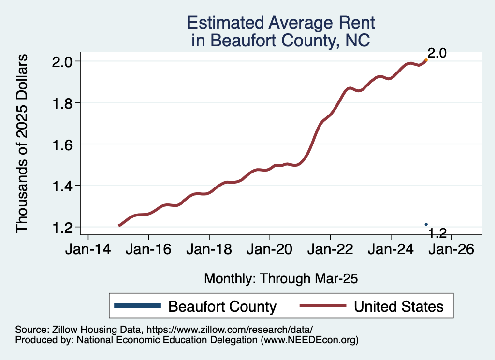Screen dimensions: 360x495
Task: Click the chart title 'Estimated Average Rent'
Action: [281, 23]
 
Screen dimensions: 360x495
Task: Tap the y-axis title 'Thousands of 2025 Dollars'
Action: [23, 144]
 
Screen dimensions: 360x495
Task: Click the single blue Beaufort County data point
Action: [426, 224]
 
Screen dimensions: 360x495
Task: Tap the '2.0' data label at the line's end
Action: [437, 53]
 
